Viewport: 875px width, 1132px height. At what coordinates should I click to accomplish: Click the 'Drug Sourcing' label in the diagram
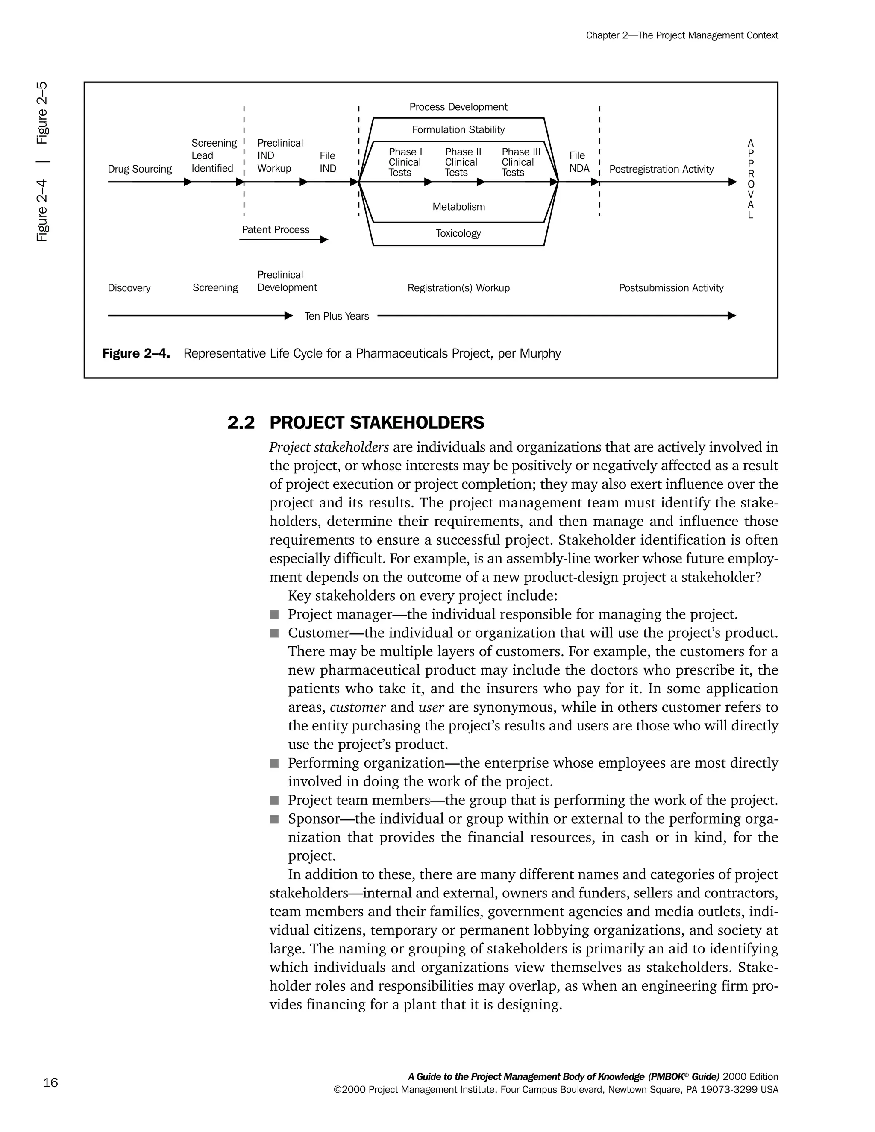139,169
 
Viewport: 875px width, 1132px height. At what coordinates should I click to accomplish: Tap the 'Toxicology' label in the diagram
458,233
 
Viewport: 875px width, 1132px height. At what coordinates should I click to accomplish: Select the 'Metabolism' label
459,207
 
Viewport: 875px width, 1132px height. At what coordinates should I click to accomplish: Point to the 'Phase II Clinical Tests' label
462,162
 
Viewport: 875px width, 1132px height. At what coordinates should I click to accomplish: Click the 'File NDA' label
579,162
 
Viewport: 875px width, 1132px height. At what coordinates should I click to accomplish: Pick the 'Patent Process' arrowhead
324,240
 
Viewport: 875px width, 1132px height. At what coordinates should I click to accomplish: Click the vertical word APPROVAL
751,179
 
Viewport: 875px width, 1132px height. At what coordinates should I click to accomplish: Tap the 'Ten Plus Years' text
336,316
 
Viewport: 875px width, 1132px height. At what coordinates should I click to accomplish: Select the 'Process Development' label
458,107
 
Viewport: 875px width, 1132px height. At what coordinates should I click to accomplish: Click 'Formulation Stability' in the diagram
458,129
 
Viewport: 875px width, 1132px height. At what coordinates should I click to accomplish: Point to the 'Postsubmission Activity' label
671,288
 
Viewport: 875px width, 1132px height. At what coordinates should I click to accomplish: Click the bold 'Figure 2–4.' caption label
136,354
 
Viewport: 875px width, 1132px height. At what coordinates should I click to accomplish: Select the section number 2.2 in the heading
241,423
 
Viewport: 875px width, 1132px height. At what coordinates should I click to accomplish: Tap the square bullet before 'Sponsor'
274,819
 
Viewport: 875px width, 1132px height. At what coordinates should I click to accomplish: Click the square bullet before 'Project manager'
274,615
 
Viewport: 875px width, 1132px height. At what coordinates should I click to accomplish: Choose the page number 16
50,1083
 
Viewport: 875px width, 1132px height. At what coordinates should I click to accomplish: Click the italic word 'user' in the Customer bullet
431,707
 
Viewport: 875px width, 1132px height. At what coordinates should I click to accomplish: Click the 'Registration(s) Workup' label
458,288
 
